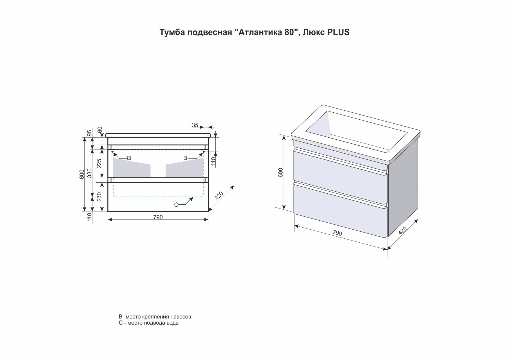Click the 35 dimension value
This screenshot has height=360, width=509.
pos(195,125)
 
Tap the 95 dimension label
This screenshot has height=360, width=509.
pos(90,133)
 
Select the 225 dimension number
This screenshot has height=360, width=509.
pos(99,163)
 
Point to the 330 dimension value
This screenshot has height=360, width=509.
pos(90,173)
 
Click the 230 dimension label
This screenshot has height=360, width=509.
pos(99,197)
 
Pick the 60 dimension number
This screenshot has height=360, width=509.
pos(100,129)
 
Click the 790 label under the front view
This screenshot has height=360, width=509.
pos(158,217)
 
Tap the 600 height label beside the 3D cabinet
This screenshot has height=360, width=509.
pos(281,172)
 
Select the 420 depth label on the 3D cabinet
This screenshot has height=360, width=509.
pos(403,231)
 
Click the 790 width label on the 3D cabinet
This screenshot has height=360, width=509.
pos(337,233)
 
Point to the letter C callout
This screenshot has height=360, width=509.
pos(176,205)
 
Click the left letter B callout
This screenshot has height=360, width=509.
pos(129,158)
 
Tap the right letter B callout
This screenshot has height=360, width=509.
pos(185,158)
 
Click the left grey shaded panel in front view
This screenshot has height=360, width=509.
pos(131,168)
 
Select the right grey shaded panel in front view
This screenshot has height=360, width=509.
pos(184,168)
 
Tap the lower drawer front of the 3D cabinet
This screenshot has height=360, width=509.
pos(340,210)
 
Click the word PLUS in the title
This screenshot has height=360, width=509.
pos(338,32)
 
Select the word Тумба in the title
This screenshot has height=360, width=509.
pos(172,32)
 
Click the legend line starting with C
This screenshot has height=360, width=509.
pos(149,323)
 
